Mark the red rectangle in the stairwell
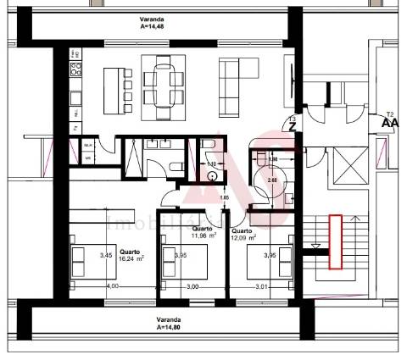335,241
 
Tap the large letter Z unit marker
293,126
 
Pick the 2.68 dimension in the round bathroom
272,180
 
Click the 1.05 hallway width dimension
225,198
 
